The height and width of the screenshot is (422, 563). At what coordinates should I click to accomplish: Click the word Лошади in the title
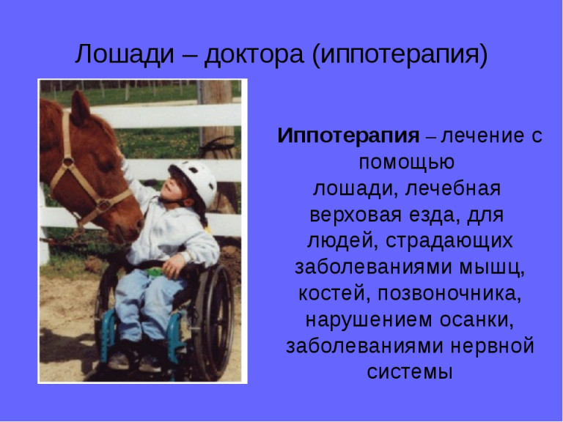click(124, 54)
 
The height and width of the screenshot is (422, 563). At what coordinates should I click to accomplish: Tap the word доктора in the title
click(254, 54)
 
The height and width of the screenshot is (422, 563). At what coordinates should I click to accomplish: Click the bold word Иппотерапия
click(348, 136)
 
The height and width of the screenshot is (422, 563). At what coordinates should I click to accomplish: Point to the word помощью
click(407, 162)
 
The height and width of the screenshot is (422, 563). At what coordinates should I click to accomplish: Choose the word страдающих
click(449, 241)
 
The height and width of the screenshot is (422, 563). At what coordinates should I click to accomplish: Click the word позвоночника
click(449, 294)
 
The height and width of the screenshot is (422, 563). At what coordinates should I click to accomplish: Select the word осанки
click(476, 319)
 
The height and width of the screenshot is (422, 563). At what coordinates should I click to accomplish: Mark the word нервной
click(493, 347)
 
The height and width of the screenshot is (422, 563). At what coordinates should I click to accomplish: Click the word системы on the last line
click(410, 372)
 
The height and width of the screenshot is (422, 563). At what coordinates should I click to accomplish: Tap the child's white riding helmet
click(196, 179)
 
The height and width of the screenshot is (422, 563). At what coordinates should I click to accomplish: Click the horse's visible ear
click(80, 108)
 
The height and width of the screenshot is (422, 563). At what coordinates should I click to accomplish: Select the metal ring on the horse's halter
click(67, 162)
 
